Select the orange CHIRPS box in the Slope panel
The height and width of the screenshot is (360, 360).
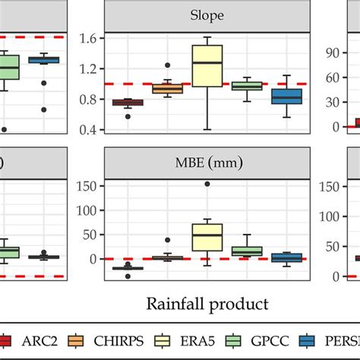(168, 89)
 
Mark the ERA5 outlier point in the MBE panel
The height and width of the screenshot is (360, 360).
(208, 184)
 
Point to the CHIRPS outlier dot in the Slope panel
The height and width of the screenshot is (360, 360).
(168, 65)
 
